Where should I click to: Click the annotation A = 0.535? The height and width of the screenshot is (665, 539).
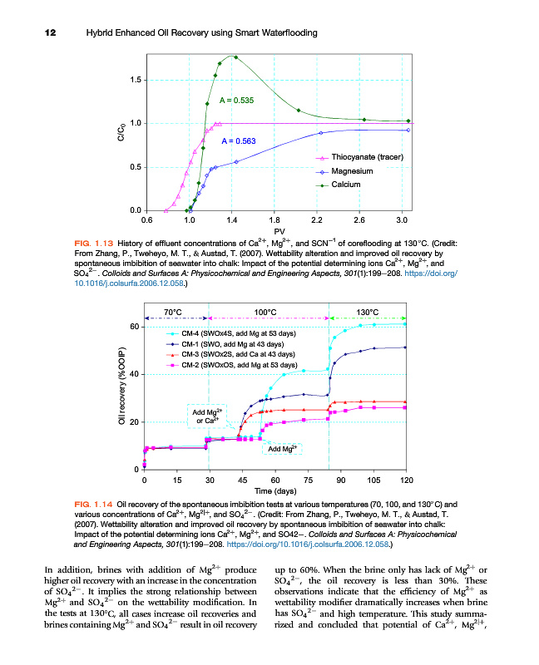[236, 101]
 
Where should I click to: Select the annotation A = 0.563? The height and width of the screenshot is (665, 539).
[238, 141]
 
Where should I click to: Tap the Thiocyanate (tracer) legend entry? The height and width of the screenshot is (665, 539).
[367, 157]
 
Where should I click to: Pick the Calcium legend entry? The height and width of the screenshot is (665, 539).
[346, 184]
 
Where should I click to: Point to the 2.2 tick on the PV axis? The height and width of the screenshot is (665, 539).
[316, 219]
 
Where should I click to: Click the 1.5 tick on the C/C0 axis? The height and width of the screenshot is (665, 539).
[133, 81]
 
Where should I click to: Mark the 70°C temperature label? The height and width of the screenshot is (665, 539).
[173, 312]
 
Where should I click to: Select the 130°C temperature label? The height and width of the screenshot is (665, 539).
[367, 312]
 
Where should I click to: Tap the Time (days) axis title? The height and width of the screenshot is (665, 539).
[275, 492]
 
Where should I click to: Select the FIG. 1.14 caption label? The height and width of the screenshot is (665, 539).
[94, 504]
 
